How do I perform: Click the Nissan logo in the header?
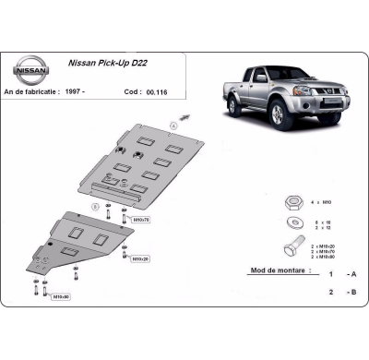point(32,70)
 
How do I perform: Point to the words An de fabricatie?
point(38,92)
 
